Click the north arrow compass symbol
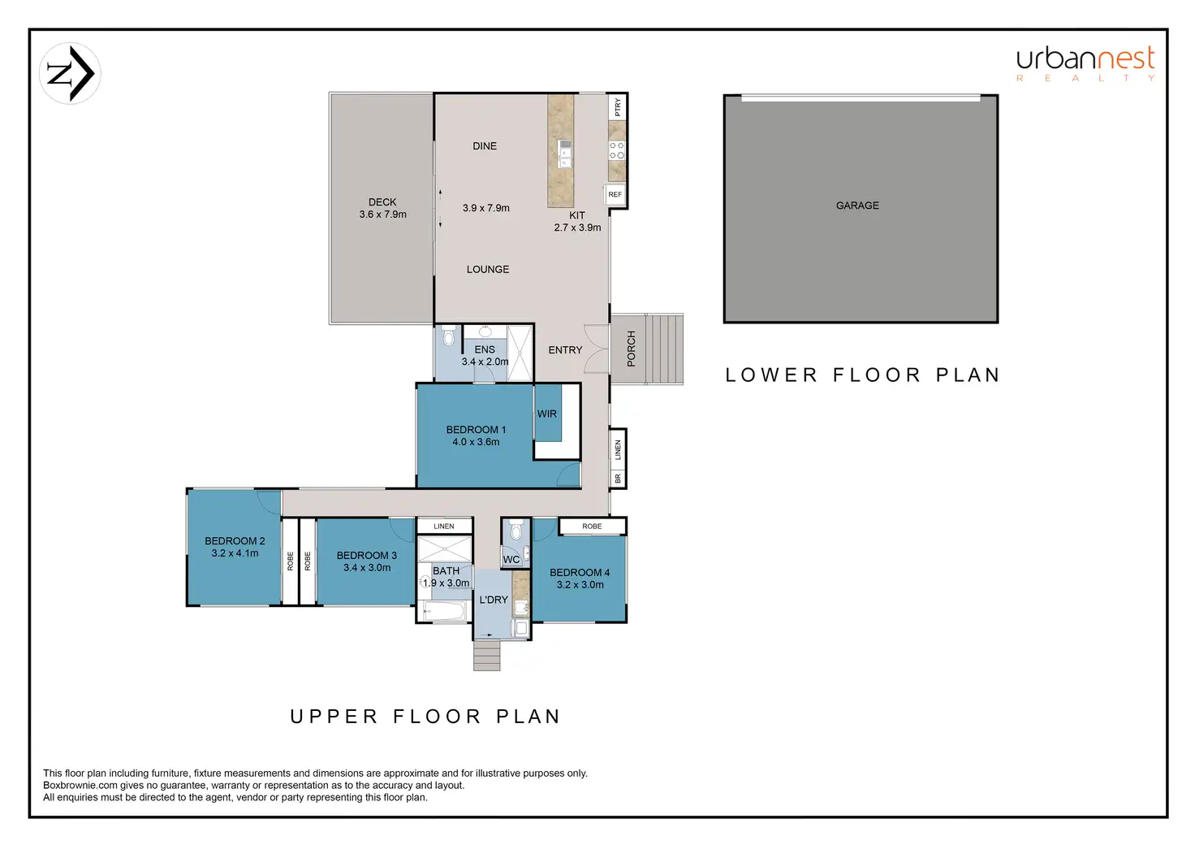70,74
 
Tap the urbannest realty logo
1085,64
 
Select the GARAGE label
857,206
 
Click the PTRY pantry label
618,106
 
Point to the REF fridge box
615,194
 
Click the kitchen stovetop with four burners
617,150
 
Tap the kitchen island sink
565,154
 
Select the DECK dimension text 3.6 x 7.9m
382,214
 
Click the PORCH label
631,349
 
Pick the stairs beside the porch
665,349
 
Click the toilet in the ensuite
449,336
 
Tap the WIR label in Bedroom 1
547,414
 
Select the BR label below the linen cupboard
618,479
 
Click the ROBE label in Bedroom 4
592,526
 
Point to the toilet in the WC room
516,530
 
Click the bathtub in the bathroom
445,611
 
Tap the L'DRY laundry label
494,600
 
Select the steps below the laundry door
486,656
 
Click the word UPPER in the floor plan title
334,717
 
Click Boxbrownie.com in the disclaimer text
80,785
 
